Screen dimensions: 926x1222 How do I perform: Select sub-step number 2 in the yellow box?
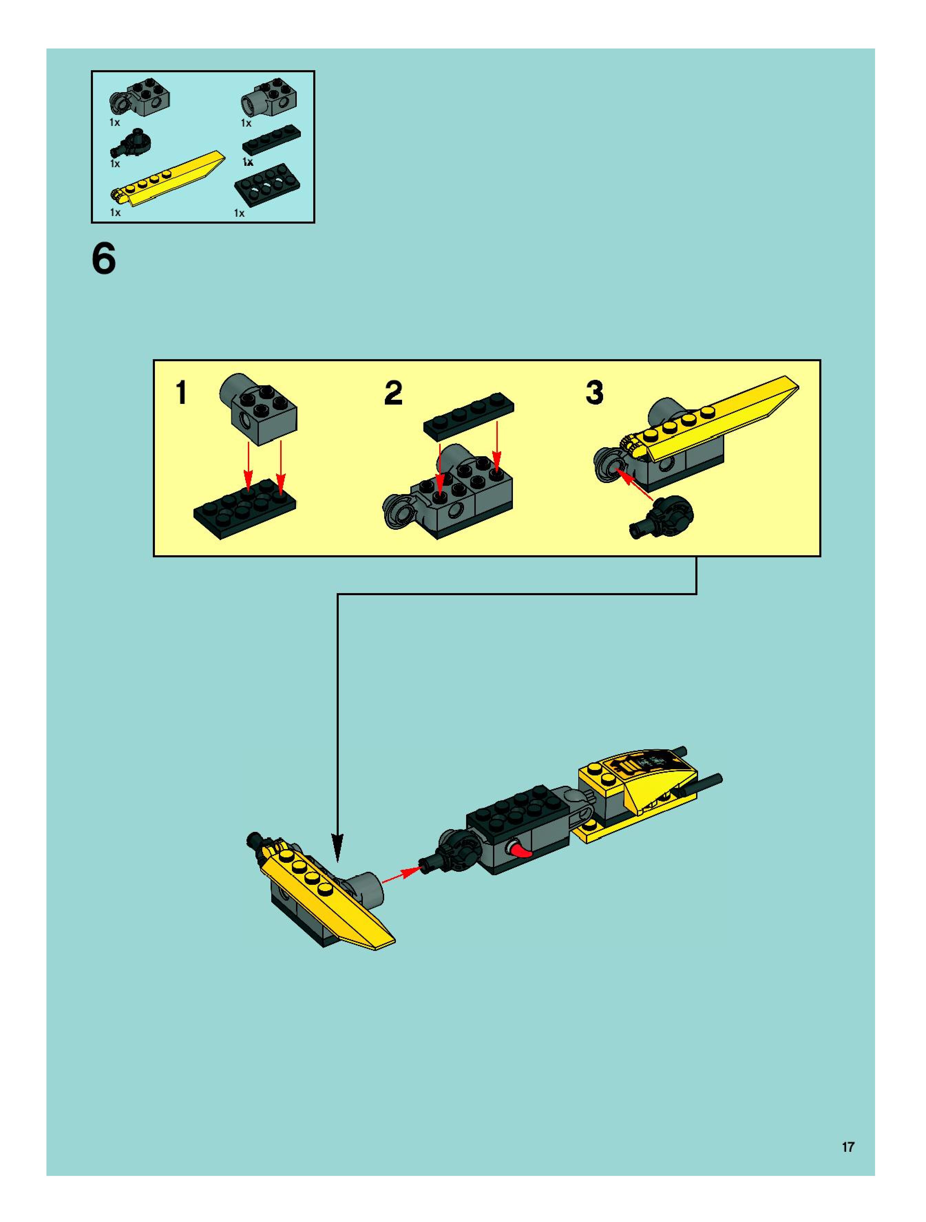tap(393, 393)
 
